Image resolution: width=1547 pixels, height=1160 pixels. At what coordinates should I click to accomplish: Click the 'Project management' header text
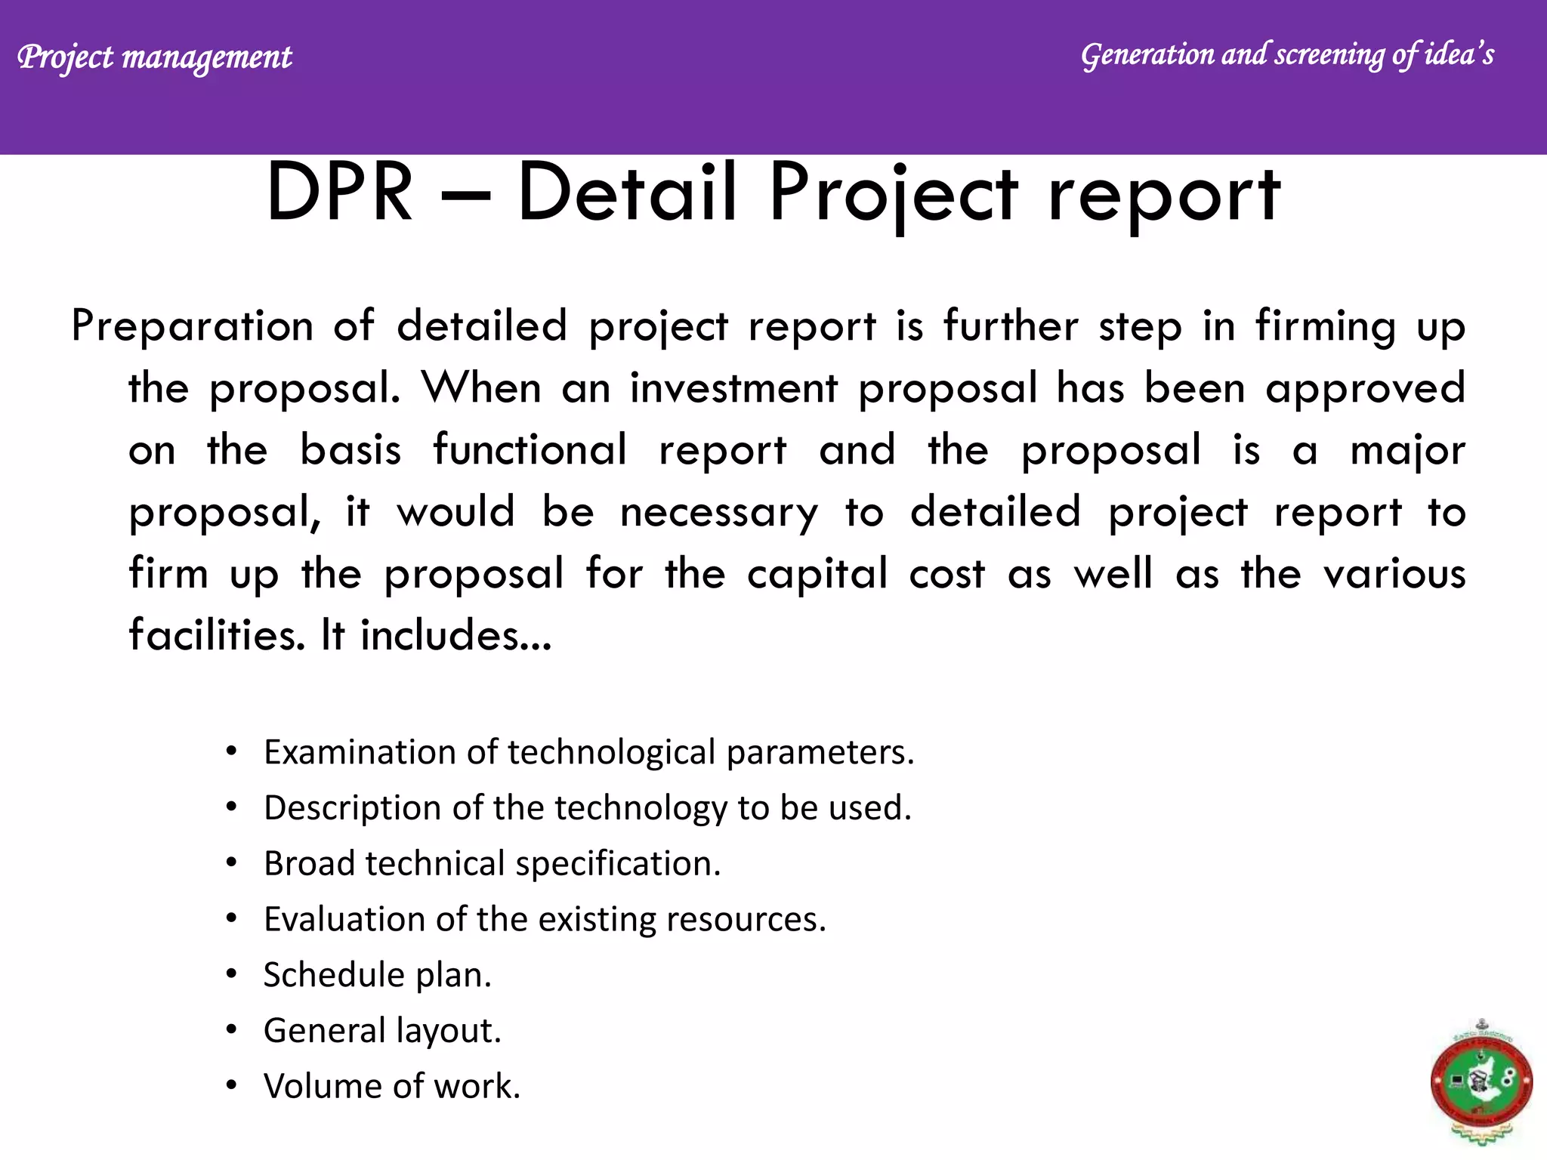(154, 57)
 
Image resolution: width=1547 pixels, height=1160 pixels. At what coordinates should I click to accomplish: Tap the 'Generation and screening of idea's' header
(1287, 55)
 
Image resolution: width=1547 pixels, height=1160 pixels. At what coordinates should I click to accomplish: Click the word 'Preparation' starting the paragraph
(192, 327)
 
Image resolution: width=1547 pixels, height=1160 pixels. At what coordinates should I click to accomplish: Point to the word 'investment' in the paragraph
(733, 389)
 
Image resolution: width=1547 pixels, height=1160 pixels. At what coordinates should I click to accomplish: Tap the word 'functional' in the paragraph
(530, 450)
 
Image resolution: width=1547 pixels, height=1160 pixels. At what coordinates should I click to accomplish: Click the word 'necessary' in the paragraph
(718, 513)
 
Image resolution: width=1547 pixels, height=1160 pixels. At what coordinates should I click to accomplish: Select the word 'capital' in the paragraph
(817, 574)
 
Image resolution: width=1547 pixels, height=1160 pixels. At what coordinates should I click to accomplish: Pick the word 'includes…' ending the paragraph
(455, 635)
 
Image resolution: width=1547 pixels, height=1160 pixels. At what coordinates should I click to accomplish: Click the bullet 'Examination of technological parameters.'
(588, 752)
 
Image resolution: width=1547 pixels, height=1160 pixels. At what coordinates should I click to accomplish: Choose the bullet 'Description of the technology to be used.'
(588, 808)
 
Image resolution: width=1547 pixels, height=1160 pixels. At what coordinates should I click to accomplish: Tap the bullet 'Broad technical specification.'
(492, 863)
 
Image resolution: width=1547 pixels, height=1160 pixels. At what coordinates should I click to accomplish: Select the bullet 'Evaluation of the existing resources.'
(545, 919)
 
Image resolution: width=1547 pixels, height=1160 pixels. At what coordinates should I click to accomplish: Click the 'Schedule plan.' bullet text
(377, 975)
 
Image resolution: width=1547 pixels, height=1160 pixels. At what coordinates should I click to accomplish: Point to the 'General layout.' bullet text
(382, 1031)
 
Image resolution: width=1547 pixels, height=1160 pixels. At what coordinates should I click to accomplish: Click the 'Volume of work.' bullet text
(391, 1087)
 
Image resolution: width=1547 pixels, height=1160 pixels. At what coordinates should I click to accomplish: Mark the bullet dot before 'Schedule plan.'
(232, 974)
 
